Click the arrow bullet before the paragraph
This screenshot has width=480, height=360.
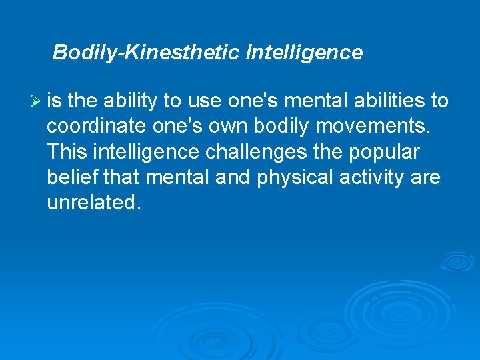tap(37, 101)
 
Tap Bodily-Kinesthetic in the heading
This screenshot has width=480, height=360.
tap(146, 52)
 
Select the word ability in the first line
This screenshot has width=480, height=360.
tap(131, 101)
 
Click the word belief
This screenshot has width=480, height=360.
tap(71, 177)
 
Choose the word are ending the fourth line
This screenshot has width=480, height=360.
tap(427, 177)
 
